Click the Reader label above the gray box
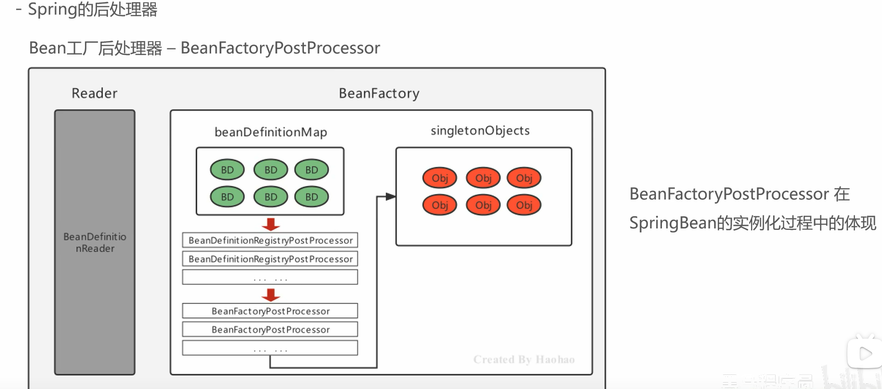94,93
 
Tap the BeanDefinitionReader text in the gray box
95,242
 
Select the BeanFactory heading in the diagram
379,93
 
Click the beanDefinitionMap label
271,132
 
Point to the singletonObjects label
480,131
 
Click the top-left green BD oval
227,170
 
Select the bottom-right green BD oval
312,197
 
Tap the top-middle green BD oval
271,170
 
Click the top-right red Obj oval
524,178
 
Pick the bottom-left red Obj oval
440,205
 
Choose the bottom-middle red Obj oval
483,205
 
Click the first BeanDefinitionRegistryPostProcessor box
270,240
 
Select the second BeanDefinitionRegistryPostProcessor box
270,259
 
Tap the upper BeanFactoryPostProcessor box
270,311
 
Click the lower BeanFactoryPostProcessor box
270,330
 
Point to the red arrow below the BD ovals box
271,225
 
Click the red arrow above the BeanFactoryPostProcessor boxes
271,295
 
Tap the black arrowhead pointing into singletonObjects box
390,196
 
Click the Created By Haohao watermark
524,359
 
